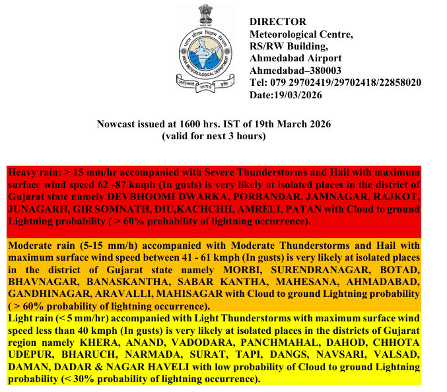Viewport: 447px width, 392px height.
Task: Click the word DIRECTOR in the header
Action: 278,22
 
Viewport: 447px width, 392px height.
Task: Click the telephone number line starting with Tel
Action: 335,83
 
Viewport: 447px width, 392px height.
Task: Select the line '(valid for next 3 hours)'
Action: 214,137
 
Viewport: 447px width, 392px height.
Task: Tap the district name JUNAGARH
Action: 34,209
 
